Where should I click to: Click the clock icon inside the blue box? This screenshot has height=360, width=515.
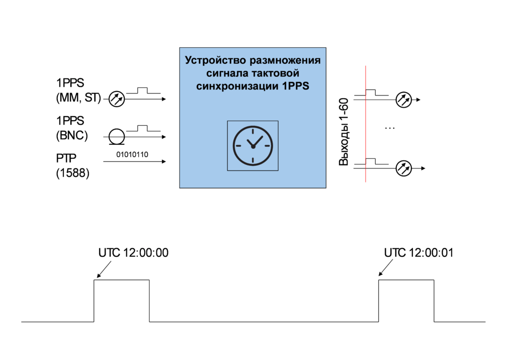tap(252, 145)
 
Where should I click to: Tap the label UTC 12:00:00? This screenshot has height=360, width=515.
tap(133, 253)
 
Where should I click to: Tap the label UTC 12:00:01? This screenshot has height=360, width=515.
tap(418, 253)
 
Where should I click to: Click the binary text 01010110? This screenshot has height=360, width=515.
tap(132, 154)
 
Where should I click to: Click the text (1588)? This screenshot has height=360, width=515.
tap(72, 174)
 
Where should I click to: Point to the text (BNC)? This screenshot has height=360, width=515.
tap(72, 135)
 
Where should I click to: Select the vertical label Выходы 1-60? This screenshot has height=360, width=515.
tap(344, 132)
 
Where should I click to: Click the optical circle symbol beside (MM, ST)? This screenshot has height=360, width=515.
tap(117, 99)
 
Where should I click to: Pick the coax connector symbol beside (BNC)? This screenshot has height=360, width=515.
tap(117, 136)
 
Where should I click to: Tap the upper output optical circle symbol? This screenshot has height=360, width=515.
tap(403, 100)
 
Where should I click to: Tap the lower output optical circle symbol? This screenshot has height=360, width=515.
tap(403, 168)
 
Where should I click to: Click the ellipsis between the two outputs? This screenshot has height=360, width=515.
tap(390, 129)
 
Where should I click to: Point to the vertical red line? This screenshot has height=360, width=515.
tap(366, 126)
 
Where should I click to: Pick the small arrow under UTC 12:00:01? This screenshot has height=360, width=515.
tap(385, 271)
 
